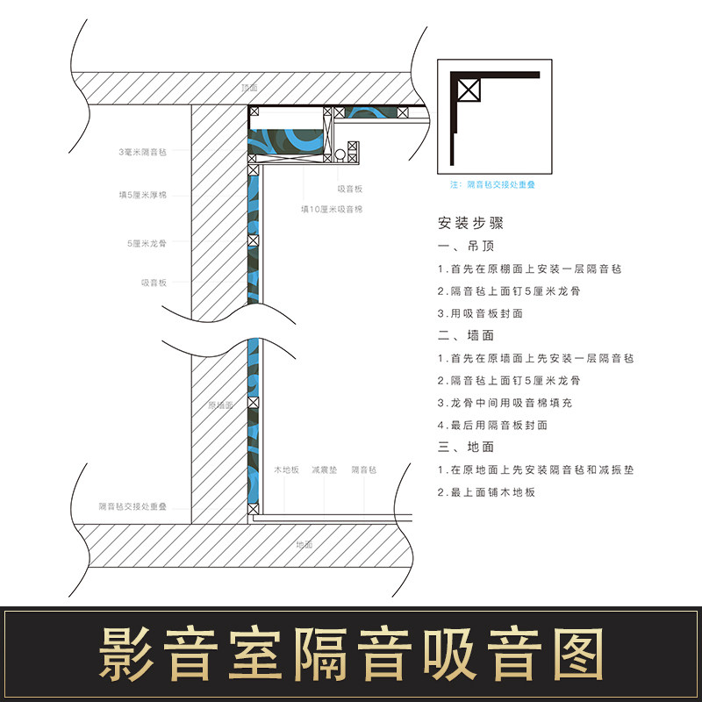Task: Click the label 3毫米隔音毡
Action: [x=143, y=153]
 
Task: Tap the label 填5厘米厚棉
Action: [x=143, y=195]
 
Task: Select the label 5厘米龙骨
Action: [x=146, y=242]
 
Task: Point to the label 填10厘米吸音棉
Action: [x=332, y=209]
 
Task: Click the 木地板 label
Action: [x=286, y=470]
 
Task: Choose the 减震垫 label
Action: [x=325, y=470]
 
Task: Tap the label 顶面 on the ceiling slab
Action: [x=249, y=89]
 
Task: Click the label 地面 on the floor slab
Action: [x=304, y=545]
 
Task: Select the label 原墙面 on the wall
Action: [x=220, y=405]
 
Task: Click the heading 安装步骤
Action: [x=470, y=223]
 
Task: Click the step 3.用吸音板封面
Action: [x=480, y=313]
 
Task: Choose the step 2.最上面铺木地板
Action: [x=486, y=492]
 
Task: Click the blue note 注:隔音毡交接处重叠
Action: [x=492, y=185]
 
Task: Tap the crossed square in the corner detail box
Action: [x=469, y=89]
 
